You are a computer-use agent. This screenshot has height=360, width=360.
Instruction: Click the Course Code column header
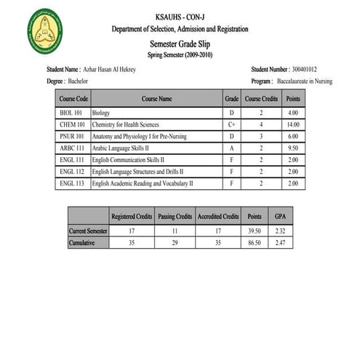pos(73,98)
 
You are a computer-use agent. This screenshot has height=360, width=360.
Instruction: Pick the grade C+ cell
pos(232,125)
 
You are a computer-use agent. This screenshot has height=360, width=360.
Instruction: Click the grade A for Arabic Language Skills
pos(232,148)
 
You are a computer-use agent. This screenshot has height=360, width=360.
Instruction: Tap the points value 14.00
pos(293,125)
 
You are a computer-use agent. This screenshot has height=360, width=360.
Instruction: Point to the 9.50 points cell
pos(293,148)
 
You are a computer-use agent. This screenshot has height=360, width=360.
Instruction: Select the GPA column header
pos(280,217)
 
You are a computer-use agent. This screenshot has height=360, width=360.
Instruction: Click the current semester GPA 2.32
pos(280,230)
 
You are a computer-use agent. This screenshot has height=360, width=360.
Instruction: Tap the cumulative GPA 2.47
pos(280,242)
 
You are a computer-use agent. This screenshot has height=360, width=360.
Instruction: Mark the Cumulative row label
pos(82,242)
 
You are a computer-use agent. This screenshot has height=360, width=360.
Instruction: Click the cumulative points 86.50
pos(254,242)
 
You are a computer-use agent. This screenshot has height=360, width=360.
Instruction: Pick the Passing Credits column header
pos(175,217)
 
